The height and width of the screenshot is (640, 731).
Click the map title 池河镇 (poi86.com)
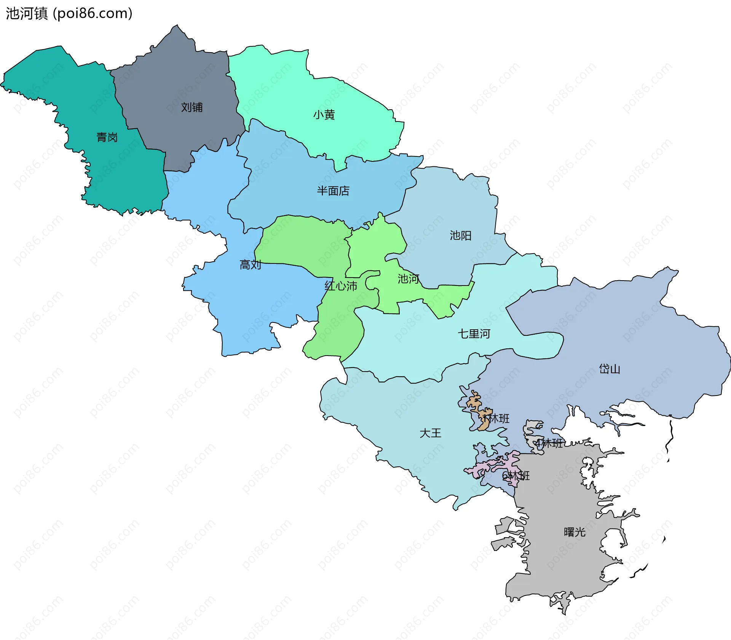click(69, 13)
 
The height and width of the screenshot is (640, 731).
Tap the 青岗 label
click(107, 137)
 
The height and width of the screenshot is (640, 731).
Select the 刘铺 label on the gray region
click(192, 107)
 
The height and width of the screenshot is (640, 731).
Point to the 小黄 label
click(324, 115)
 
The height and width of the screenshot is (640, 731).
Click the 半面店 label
click(333, 191)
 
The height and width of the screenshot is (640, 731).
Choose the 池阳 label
click(461, 236)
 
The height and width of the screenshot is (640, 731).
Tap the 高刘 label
click(250, 265)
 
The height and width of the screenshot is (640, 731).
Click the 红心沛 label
click(341, 286)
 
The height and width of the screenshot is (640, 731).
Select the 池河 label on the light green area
click(409, 279)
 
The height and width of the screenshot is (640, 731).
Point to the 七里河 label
click(474, 334)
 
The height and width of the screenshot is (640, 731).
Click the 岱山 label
click(610, 369)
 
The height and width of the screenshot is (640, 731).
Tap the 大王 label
click(430, 433)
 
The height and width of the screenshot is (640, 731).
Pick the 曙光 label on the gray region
click(575, 532)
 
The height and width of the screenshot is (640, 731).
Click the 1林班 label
click(496, 419)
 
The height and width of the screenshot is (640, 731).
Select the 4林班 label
click(549, 443)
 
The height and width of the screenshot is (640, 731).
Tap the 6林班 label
click(516, 476)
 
